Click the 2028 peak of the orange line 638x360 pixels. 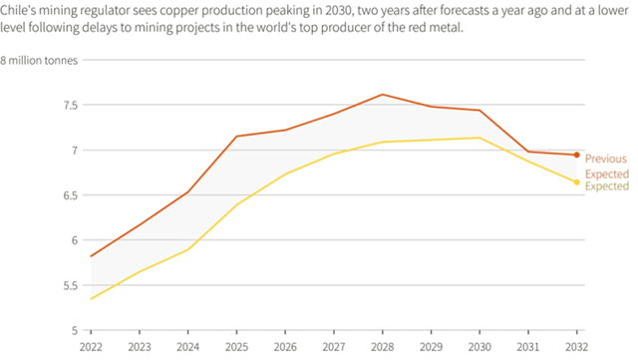[382, 95]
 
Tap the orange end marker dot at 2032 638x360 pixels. [576, 155]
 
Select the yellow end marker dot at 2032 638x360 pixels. [576, 181]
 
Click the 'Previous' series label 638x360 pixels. [605, 159]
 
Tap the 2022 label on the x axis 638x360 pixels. [90, 346]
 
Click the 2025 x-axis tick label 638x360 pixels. [235, 346]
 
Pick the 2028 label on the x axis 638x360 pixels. [382, 346]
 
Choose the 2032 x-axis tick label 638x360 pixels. [576, 346]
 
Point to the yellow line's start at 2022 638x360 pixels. [91, 298]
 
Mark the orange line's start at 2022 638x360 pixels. [91, 256]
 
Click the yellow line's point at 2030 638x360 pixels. [479, 138]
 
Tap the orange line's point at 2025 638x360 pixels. [236, 137]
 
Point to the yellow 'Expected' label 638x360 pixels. [606, 186]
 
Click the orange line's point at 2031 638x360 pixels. [528, 152]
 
